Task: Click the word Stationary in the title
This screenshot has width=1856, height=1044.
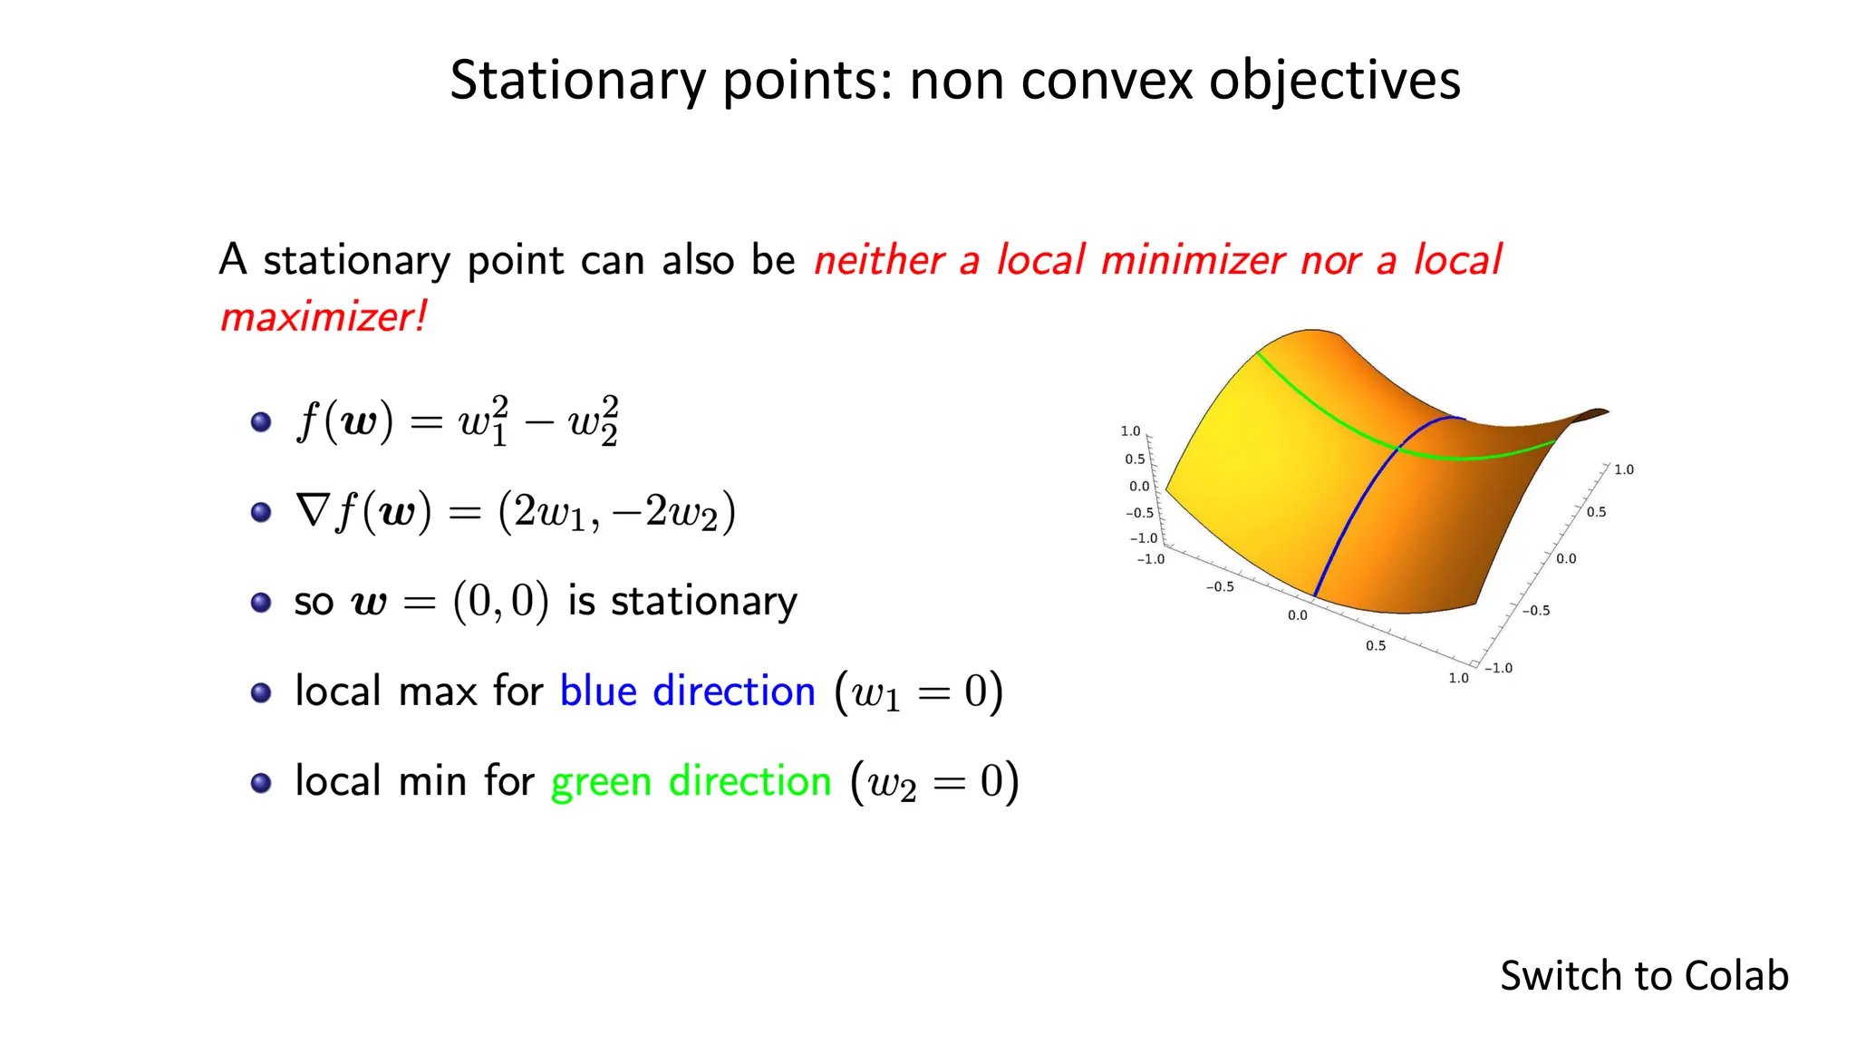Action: pos(577,82)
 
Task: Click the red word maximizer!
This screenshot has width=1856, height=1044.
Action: pos(323,318)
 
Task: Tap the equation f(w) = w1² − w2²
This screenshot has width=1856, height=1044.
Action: pos(458,421)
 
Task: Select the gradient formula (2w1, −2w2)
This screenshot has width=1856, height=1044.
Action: pos(616,512)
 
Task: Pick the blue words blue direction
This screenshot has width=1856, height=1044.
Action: pos(687,691)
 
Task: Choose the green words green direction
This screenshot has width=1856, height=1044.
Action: pos(691,781)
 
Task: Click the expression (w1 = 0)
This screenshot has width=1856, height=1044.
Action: pos(918,692)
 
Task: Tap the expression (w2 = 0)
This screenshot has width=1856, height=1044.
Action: pos(934,782)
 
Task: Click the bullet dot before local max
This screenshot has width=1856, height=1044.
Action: pos(261,693)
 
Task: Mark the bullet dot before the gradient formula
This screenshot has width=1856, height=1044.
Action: pos(261,513)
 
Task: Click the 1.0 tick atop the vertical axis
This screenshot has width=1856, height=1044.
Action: pos(1130,431)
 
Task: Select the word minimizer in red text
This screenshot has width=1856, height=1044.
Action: pos(1193,261)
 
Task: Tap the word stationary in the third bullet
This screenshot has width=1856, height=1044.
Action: pos(704,602)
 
